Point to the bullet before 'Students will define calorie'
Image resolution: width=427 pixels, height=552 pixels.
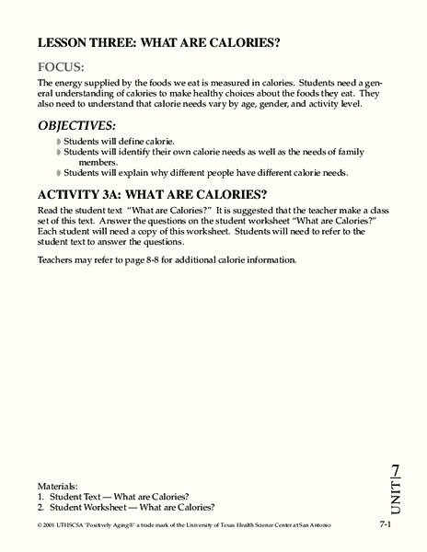pyautogui.click(x=60, y=141)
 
